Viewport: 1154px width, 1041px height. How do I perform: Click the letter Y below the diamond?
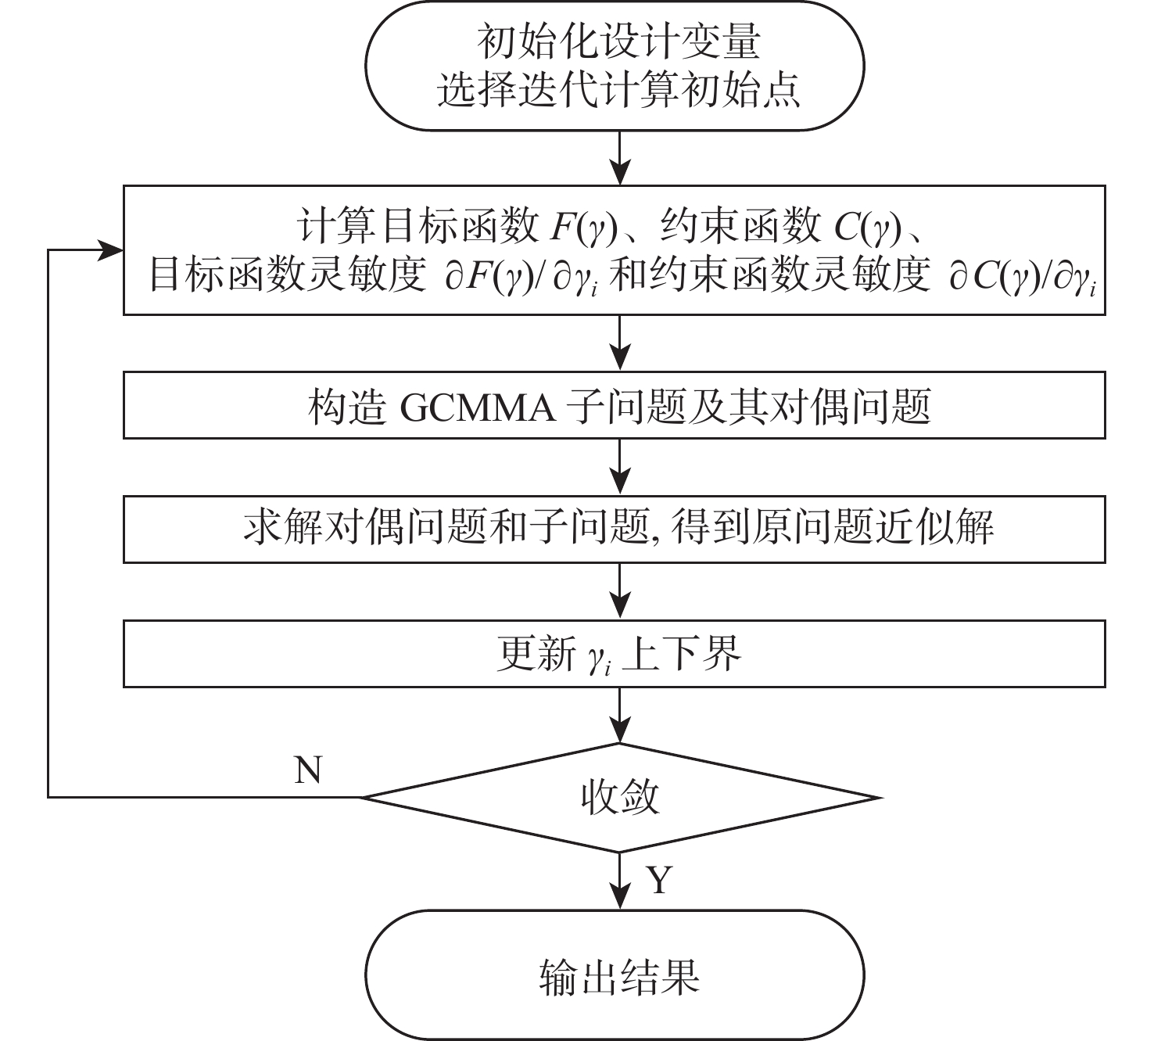[659, 880]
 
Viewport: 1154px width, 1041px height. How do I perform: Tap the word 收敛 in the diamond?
[620, 797]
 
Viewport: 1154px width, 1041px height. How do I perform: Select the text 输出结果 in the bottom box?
[619, 977]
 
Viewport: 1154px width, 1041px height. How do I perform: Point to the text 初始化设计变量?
[619, 42]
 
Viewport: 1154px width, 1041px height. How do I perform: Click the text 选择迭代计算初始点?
[619, 91]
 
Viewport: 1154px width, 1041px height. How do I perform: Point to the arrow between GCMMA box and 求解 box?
[620, 466]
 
